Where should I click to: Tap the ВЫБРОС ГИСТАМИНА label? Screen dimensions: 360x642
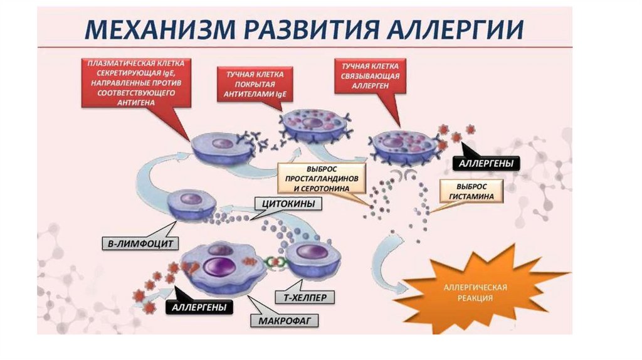pyautogui.click(x=471, y=191)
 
